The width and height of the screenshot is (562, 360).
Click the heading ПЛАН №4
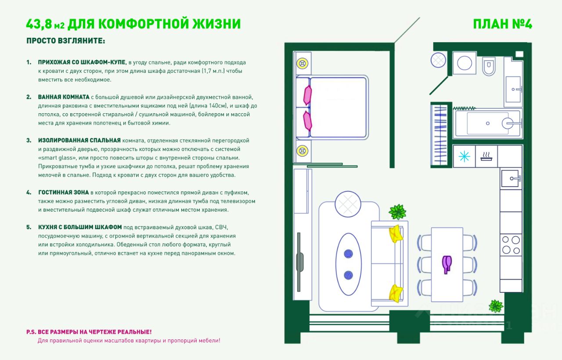[x=502, y=24]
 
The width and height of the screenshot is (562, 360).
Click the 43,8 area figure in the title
[x=40, y=24]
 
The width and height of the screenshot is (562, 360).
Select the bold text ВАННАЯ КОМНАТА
[x=64, y=97]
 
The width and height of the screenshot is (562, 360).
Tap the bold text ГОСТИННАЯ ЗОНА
[x=63, y=192]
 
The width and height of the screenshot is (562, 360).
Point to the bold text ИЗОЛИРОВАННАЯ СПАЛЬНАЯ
[x=79, y=140]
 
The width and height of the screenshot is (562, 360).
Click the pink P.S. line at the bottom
[x=89, y=332]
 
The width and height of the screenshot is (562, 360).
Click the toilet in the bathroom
[x=488, y=66]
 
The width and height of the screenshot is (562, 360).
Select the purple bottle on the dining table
[x=447, y=264]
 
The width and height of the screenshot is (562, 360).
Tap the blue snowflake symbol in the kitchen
[x=464, y=156]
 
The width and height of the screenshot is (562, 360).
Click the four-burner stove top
[x=511, y=245]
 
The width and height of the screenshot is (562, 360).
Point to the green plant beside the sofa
[x=397, y=212]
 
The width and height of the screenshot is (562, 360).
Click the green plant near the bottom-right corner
[x=496, y=306]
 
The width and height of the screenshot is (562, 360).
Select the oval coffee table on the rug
[x=349, y=264]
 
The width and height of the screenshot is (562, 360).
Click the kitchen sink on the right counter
[x=511, y=178]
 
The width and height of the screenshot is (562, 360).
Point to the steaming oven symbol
[x=486, y=156]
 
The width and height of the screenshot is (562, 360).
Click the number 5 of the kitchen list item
[x=29, y=227]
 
